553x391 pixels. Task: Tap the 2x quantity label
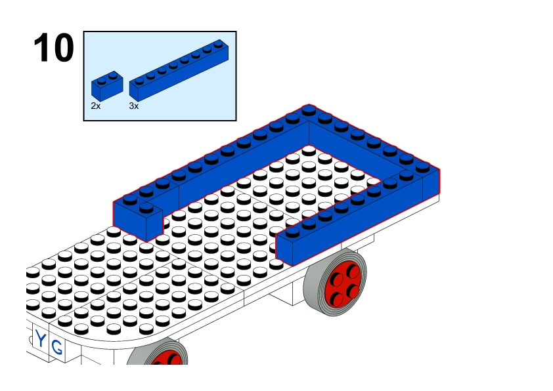pyautogui.click(x=96, y=106)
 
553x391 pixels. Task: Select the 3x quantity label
pyautogui.click(x=134, y=106)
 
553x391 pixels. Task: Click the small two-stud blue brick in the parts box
pyautogui.click(x=107, y=85)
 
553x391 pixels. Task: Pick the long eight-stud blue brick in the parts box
pyautogui.click(x=179, y=70)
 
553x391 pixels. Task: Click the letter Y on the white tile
pyautogui.click(x=41, y=340)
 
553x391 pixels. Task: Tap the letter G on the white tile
pyautogui.click(x=56, y=347)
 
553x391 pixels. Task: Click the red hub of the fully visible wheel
pyautogui.click(x=343, y=285)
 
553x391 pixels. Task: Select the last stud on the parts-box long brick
pyautogui.click(x=219, y=44)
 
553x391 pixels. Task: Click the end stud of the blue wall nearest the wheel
pyautogui.click(x=293, y=232)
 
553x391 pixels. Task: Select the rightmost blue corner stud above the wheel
pyautogui.click(x=422, y=168)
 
